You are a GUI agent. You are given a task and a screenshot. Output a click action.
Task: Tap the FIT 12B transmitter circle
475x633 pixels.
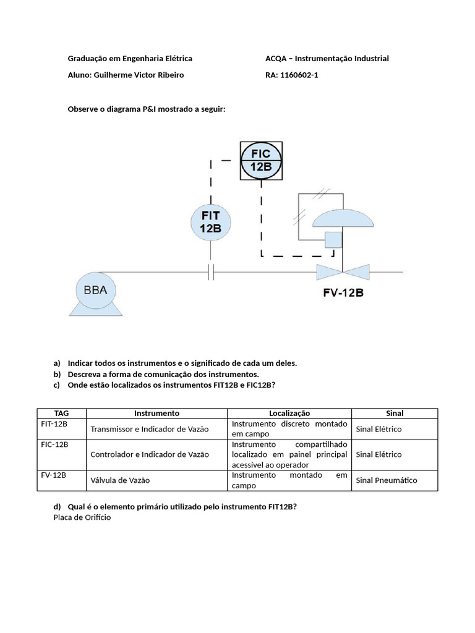(210, 221)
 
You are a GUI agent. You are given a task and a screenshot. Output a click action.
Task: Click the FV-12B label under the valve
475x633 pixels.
(343, 292)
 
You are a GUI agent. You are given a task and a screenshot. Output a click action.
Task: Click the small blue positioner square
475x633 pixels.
(334, 240)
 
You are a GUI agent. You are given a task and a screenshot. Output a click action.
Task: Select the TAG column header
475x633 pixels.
(62, 413)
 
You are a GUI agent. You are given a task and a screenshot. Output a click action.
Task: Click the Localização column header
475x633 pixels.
(289, 413)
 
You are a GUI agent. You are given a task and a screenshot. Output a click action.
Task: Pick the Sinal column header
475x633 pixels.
(395, 413)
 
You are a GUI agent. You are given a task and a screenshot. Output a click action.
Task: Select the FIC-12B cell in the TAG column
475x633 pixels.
(54, 444)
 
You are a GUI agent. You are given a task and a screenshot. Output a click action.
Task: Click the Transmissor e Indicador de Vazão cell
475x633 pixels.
(150, 429)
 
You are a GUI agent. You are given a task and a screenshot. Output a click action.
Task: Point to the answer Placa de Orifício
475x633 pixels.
(82, 517)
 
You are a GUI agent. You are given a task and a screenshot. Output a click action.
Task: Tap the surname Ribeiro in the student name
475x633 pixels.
(169, 75)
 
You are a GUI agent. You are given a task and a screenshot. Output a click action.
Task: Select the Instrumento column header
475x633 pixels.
(156, 413)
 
